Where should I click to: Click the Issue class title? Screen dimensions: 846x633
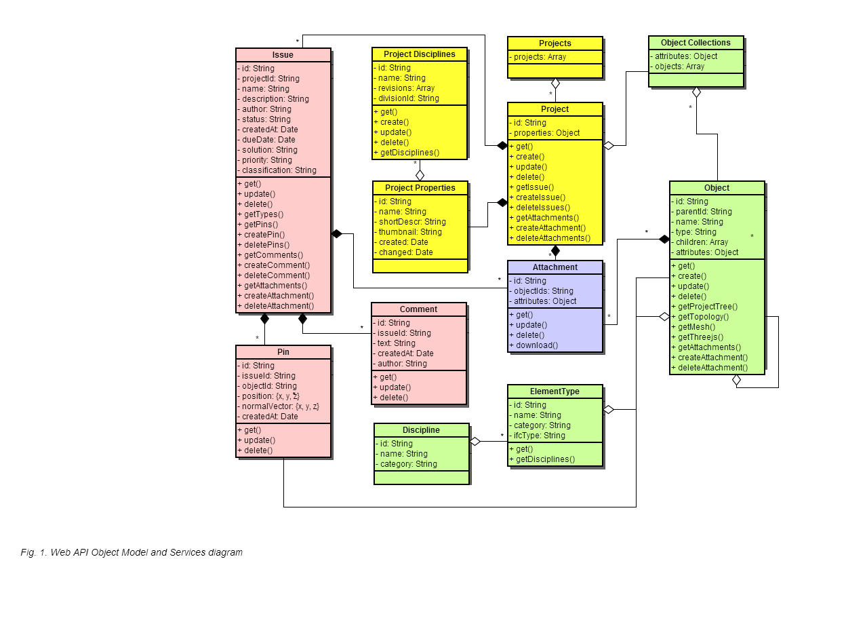[283, 55]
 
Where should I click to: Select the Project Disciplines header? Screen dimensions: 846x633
[420, 54]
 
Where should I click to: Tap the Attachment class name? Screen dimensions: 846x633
[555, 267]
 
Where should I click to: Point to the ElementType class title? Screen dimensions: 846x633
[555, 391]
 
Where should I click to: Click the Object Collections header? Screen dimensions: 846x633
[696, 43]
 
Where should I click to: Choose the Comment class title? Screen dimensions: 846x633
[418, 309]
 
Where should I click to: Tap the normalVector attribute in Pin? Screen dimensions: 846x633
[279, 406]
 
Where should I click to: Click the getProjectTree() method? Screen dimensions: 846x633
[704, 307]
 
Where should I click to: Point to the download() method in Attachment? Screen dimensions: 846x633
[533, 345]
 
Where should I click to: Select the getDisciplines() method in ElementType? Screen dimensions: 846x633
[542, 459]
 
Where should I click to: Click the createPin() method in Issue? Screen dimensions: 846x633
[261, 235]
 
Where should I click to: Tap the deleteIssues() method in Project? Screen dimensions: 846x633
[540, 208]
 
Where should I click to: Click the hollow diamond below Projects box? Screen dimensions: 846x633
[555, 83]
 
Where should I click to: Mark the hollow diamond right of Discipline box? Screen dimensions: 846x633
[475, 441]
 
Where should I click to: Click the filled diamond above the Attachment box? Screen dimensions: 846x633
[555, 251]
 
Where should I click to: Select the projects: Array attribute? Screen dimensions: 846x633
[538, 57]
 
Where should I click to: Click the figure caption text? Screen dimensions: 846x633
[132, 552]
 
